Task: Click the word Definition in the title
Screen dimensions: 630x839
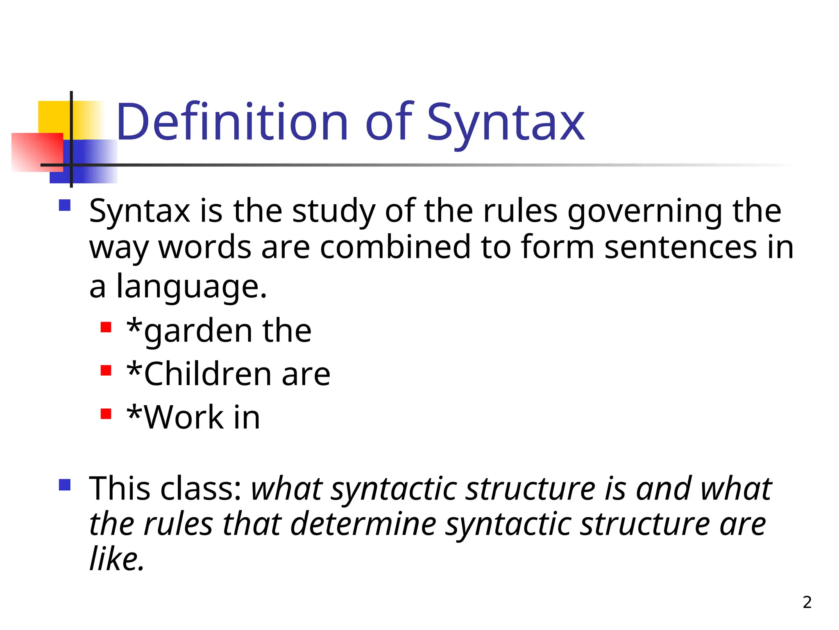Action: click(232, 122)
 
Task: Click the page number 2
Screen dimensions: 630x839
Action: click(807, 602)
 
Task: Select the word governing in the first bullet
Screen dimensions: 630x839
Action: click(644, 212)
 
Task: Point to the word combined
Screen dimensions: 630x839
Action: click(395, 247)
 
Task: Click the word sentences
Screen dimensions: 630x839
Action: click(680, 248)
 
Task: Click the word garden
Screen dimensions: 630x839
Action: click(197, 331)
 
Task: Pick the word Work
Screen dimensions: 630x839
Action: click(184, 418)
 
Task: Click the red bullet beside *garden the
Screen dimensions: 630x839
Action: click(106, 327)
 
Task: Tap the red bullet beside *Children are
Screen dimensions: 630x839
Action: click(106, 370)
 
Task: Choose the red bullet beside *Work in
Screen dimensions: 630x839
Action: click(106, 413)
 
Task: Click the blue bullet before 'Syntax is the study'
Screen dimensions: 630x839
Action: click(65, 205)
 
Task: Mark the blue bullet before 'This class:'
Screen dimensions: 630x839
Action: click(65, 485)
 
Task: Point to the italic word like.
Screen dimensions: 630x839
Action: click(116, 559)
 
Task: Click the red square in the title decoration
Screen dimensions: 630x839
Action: click(37, 152)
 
